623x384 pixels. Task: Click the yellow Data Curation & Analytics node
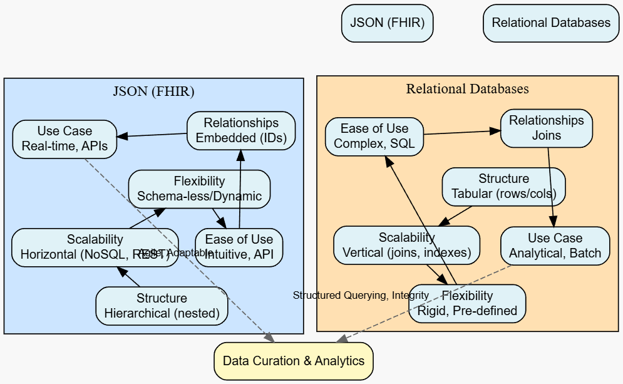pyautogui.click(x=293, y=361)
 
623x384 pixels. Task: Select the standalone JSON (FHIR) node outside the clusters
pyautogui.click(x=387, y=23)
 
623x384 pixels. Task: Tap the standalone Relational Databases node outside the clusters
pyautogui.click(x=550, y=23)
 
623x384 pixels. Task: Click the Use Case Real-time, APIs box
pyautogui.click(x=64, y=139)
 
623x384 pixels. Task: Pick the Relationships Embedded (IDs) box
pyautogui.click(x=241, y=130)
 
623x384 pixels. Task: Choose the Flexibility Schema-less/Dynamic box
pyautogui.click(x=199, y=189)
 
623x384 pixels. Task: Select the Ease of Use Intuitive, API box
pyautogui.click(x=239, y=247)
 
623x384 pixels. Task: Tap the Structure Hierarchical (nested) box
pyautogui.click(x=162, y=306)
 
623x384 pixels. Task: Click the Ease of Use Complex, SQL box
pyautogui.click(x=374, y=136)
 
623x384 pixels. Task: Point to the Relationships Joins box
pyautogui.click(x=547, y=128)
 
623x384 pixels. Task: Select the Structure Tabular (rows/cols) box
pyautogui.click(x=503, y=186)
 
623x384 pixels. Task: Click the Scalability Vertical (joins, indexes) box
pyautogui.click(x=406, y=245)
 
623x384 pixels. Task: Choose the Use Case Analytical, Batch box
pyautogui.click(x=555, y=246)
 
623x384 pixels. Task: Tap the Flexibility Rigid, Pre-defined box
pyautogui.click(x=467, y=303)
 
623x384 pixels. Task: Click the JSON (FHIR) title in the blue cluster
pyautogui.click(x=153, y=91)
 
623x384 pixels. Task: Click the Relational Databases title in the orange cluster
pyautogui.click(x=467, y=89)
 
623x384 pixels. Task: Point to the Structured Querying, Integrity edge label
pyautogui.click(x=361, y=295)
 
